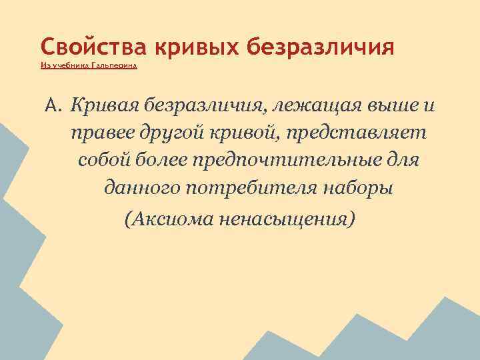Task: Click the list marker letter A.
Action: [x=53, y=105]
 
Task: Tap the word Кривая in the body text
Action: [x=103, y=105]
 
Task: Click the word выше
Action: [x=385, y=105]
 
